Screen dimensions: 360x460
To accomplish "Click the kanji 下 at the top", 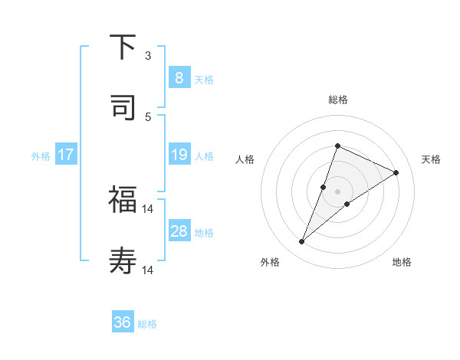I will pos(123,47).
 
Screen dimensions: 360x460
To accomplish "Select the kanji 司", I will pos(123,107).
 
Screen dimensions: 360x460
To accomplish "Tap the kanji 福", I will pos(123,200).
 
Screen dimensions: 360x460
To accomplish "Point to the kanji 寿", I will pos(123,261).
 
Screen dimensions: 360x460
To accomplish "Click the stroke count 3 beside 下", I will pos(148,56).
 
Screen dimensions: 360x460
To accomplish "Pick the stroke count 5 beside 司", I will pos(148,116).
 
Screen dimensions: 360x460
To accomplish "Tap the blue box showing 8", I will pos(179,78).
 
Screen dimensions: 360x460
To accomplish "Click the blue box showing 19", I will pos(179,155).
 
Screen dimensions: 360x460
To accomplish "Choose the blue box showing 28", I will pos(179,231).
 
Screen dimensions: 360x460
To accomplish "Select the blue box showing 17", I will pos(66,155).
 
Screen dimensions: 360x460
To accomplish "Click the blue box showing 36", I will pos(123,322).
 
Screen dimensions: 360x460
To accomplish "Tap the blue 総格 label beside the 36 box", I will pos(147,324).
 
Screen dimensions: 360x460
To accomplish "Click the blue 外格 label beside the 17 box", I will pos(41,156).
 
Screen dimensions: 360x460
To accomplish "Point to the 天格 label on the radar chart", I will pos(431,159).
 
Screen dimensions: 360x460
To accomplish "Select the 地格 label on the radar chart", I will pos(402,262).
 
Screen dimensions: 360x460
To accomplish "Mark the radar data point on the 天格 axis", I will pos(396,173).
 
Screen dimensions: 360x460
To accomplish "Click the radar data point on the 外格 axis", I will pos(302,242).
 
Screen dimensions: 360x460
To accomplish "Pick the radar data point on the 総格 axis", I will pos(337,146).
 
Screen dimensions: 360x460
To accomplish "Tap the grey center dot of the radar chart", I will pos(337,191).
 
